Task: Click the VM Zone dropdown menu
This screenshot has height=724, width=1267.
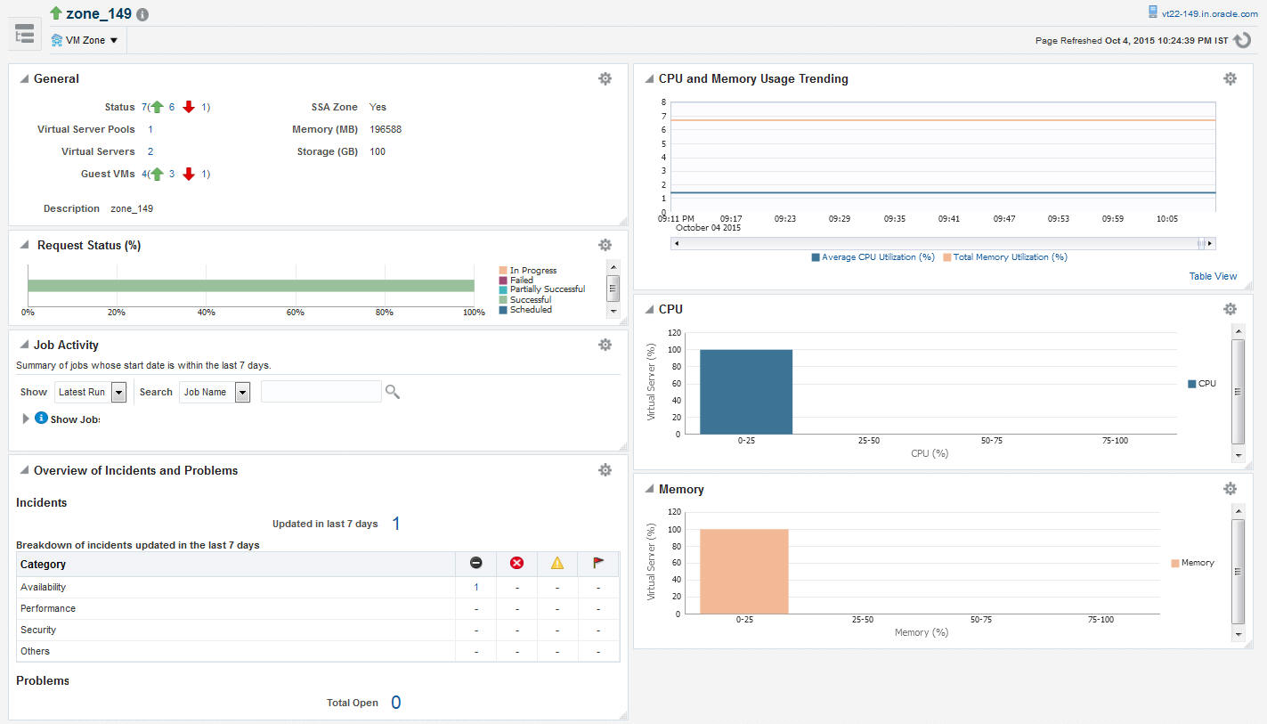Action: tap(85, 40)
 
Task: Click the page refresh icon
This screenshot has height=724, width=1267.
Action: tap(1244, 40)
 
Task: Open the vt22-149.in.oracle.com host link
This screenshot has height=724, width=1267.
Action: tap(1208, 13)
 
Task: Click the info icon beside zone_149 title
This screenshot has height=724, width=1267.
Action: tap(142, 14)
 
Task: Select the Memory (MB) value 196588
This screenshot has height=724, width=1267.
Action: tap(386, 129)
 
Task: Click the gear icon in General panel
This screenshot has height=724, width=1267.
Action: tap(605, 78)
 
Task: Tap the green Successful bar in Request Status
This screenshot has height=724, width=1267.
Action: tap(250, 286)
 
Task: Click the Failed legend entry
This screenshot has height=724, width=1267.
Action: tap(521, 280)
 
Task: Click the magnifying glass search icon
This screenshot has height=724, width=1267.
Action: tap(392, 391)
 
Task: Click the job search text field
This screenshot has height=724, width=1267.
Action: tap(321, 392)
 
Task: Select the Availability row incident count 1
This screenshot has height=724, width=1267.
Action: tap(476, 587)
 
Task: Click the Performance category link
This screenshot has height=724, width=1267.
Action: tap(48, 608)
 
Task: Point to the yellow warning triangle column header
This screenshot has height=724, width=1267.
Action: tap(557, 563)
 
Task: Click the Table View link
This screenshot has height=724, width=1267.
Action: tap(1213, 276)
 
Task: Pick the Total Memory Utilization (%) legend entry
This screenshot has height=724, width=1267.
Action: tap(1009, 256)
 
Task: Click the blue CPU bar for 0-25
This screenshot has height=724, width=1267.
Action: tap(745, 391)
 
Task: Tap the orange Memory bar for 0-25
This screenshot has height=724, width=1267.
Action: tap(743, 571)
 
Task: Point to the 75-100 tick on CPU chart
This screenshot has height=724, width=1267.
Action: tap(1115, 440)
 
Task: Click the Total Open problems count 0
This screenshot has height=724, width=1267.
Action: tap(395, 703)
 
